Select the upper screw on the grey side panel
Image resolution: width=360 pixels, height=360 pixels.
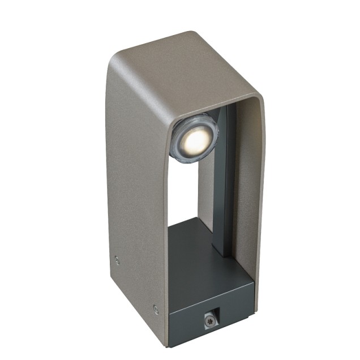117,259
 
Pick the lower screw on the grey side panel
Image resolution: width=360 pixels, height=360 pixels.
155,308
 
